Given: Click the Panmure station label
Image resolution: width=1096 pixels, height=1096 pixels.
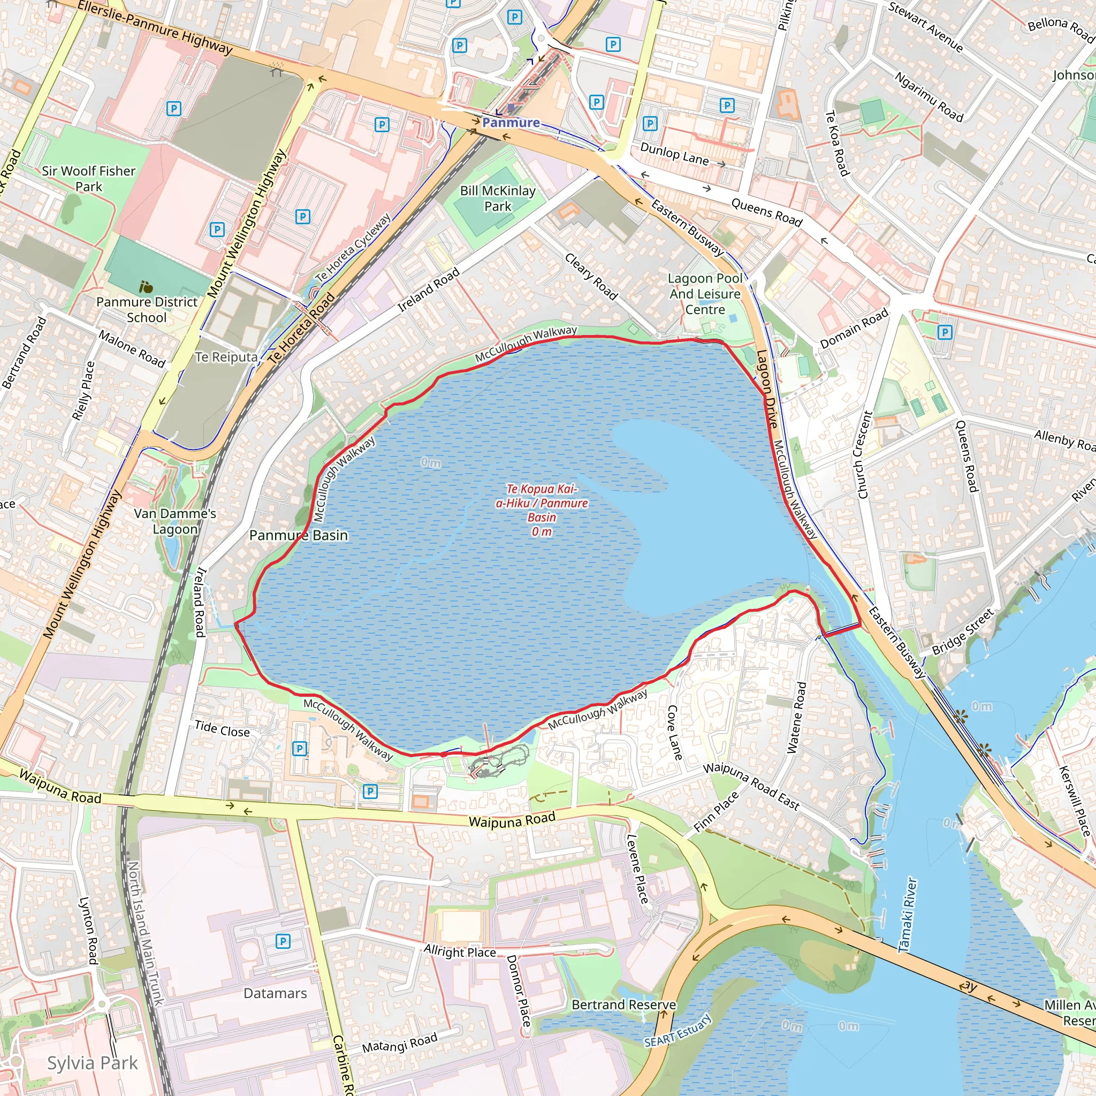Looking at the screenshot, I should click(x=511, y=123).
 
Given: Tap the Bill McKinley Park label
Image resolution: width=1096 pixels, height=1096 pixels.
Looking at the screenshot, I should click(x=498, y=199).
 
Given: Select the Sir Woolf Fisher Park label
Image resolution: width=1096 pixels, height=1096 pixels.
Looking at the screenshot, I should click(x=88, y=179).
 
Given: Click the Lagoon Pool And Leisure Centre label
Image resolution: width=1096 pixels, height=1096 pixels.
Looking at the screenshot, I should click(x=705, y=294).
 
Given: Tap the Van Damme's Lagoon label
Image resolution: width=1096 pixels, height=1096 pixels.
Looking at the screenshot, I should click(x=176, y=521).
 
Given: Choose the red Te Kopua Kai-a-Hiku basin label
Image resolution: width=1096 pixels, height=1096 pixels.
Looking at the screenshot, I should click(x=542, y=510).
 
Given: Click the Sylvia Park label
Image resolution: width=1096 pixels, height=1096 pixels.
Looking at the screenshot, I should click(x=92, y=1063).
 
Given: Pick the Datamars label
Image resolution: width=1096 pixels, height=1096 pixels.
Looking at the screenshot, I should click(x=275, y=993).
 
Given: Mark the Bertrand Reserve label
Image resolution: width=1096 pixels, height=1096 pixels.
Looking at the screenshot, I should click(x=623, y=1004).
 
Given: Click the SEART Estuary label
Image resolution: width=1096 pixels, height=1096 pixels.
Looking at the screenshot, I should click(x=678, y=1031).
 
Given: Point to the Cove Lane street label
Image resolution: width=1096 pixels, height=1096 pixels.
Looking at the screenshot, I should click(x=674, y=733).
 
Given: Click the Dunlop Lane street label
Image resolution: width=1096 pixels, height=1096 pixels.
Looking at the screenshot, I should click(x=674, y=154).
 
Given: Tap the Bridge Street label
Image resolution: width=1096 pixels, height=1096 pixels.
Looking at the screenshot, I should click(x=963, y=631).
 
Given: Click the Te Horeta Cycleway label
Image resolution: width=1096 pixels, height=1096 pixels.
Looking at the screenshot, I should click(x=353, y=248).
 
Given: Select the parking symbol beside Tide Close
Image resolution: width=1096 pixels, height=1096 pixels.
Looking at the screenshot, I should click(x=300, y=749).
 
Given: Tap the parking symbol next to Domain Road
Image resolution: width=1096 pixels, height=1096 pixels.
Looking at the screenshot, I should click(x=945, y=332).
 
